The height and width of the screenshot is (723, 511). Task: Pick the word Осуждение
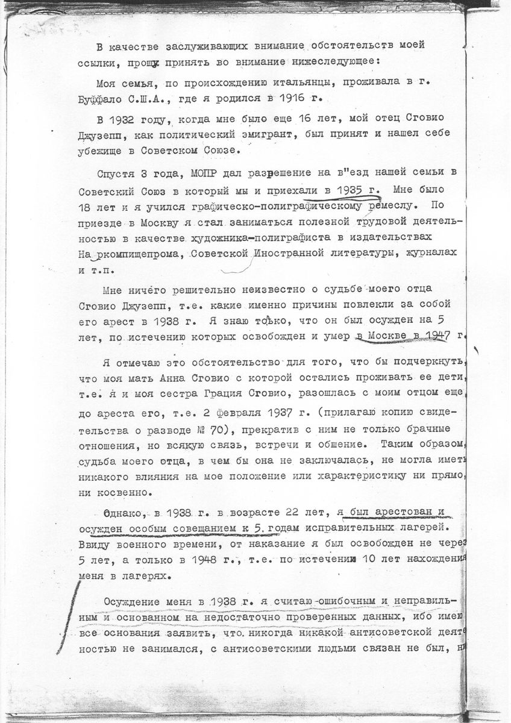[x=133, y=602]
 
